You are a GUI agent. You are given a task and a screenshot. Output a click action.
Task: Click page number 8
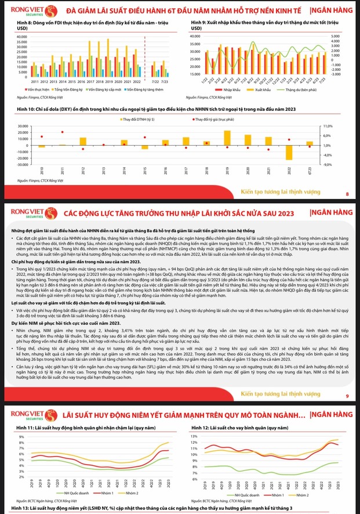tap(347, 194)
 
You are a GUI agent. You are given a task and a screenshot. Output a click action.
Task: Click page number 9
tap(347, 396)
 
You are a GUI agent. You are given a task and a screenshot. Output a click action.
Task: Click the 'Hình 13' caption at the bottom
tap(22, 508)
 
